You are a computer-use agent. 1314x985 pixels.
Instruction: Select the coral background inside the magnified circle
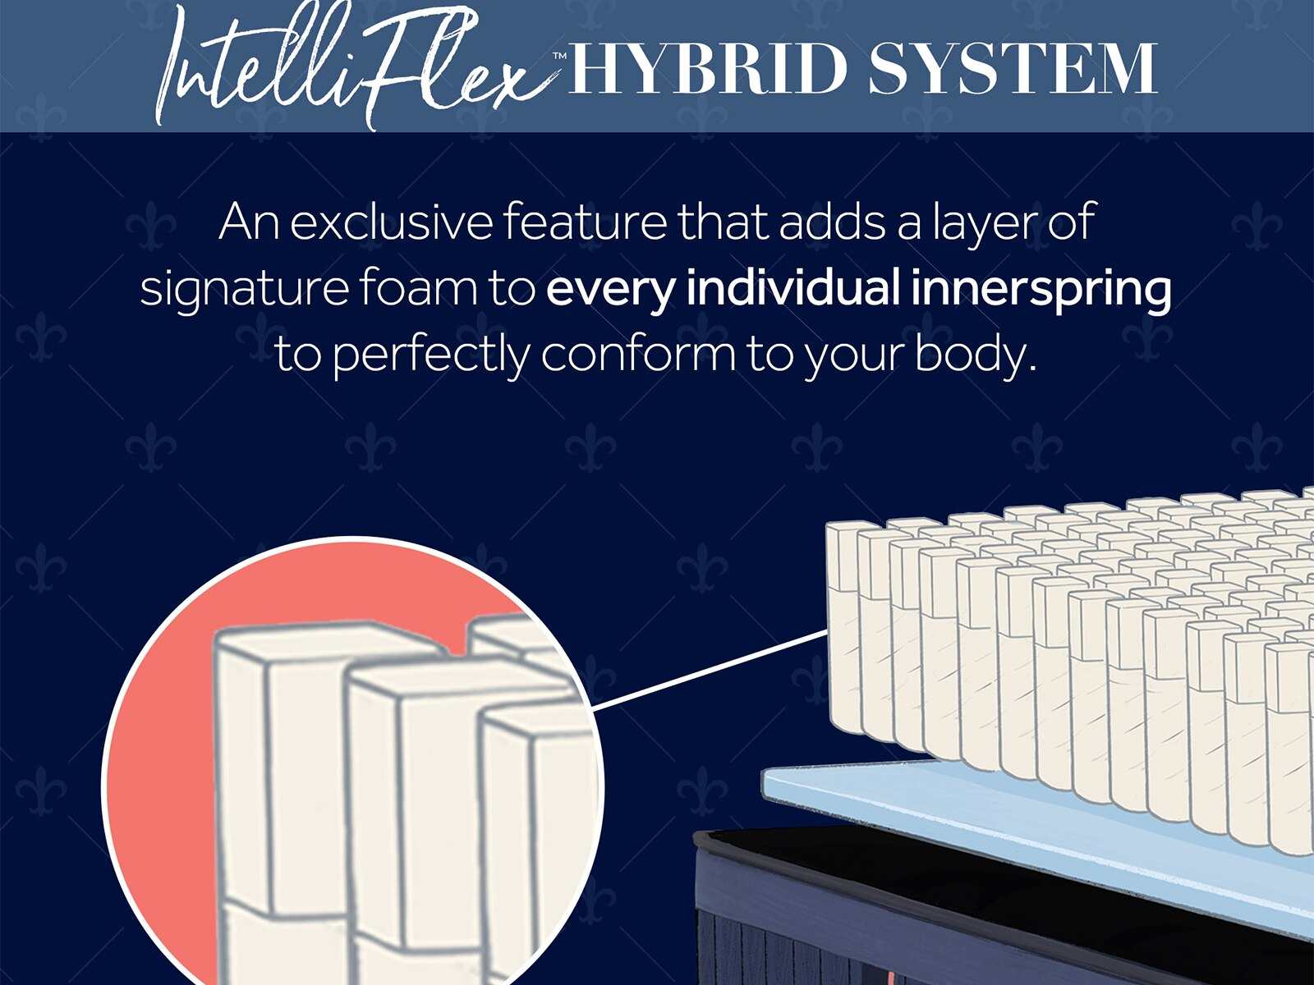coord(160,739)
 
